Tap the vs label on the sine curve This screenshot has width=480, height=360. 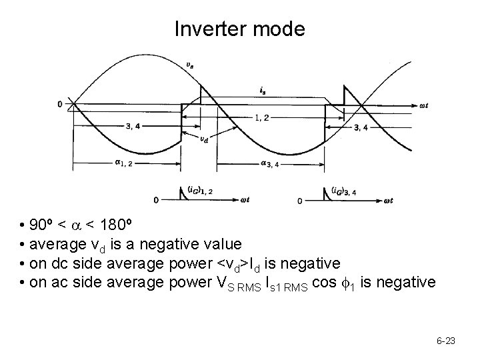pos(191,65)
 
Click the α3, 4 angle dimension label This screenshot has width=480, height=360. pos(274,164)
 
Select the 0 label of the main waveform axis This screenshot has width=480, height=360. pos(60,104)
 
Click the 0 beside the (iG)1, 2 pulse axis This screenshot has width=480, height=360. pos(156,200)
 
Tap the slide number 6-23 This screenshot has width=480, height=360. pos(445,341)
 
